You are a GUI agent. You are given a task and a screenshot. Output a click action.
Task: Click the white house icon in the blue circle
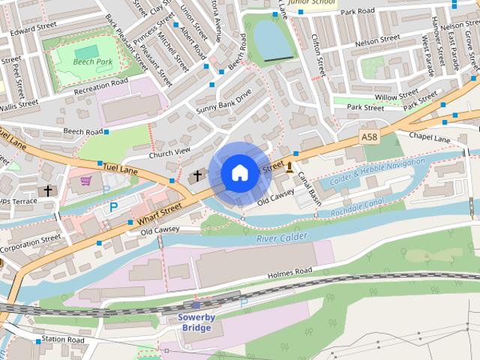[238, 173]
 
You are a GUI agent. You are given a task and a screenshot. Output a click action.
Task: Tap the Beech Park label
[94, 61]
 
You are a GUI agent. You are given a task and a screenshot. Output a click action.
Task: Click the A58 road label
[368, 137]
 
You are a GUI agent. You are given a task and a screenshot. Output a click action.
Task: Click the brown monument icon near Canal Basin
[289, 165]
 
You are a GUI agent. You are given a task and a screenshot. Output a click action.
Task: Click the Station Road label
[63, 340]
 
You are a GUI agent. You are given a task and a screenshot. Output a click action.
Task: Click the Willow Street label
[397, 95]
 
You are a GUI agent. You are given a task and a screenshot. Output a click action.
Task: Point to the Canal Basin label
[309, 184]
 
